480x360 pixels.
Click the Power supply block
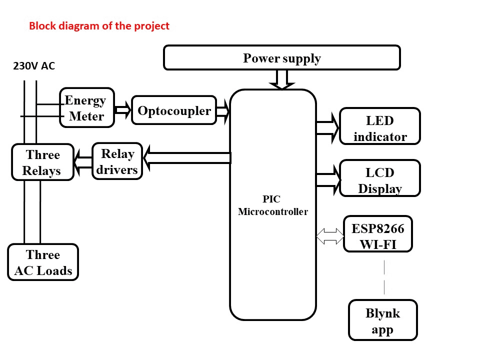point(281,58)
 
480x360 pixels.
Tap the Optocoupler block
point(174,110)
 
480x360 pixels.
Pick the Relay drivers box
point(117,161)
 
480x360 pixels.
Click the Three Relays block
point(42,162)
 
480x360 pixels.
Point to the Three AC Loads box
point(43,262)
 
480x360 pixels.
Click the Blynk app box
point(382,320)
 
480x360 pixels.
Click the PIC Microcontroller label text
point(273,206)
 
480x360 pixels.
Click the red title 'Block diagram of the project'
point(99,26)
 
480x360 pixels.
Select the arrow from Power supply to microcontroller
point(282,79)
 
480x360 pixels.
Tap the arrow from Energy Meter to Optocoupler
point(123,109)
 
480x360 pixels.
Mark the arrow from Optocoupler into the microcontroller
point(223,111)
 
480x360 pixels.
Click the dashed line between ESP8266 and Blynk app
point(384,276)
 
